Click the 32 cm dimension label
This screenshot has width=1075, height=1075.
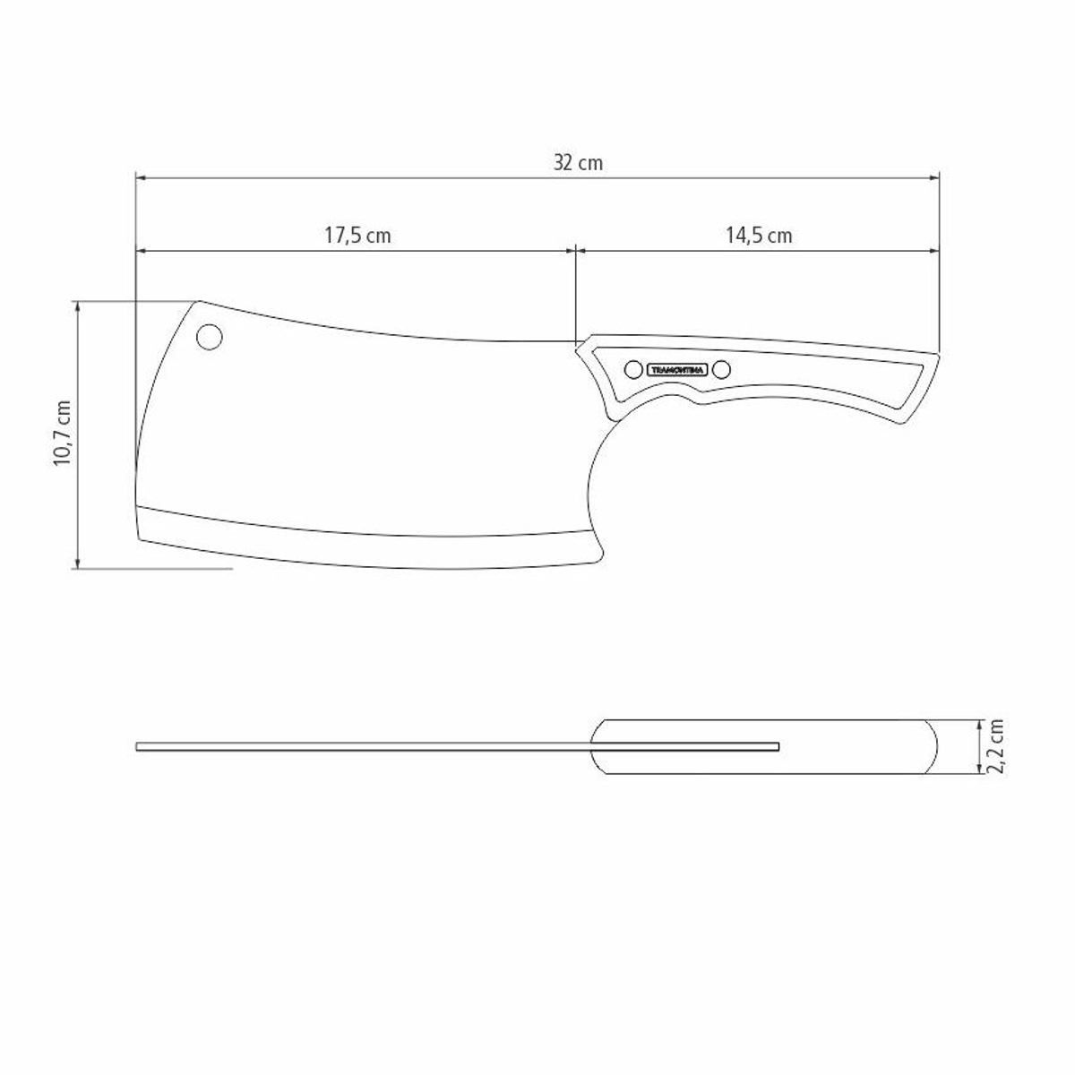click(x=578, y=163)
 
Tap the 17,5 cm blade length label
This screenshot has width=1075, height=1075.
click(x=357, y=236)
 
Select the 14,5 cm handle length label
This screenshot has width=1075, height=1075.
click(x=759, y=236)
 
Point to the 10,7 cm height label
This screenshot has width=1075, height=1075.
click(x=62, y=434)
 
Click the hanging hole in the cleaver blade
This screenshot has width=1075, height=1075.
click(x=210, y=337)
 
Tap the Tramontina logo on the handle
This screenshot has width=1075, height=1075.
click(x=677, y=369)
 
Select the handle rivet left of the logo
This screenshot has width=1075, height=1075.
click(x=633, y=369)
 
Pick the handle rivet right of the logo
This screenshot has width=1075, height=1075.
click(x=721, y=369)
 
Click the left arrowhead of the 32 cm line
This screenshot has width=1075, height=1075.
click(x=141, y=178)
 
